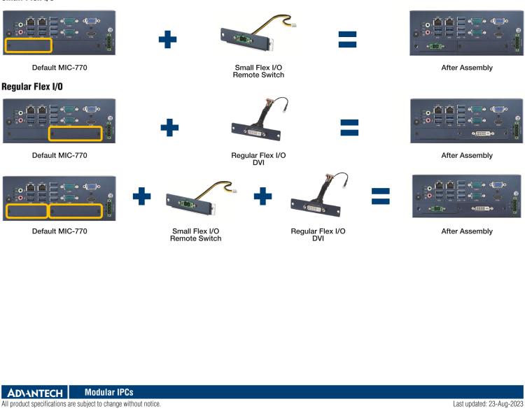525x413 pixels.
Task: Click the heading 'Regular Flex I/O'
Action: (x=32, y=87)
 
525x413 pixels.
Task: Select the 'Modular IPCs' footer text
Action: (x=108, y=392)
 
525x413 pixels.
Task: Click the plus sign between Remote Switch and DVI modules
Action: (x=263, y=196)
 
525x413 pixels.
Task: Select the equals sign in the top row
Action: (x=347, y=41)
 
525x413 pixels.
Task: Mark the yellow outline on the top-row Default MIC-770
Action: (x=28, y=46)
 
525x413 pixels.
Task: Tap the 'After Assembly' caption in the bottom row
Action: (x=466, y=231)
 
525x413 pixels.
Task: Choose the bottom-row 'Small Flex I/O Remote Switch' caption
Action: (x=195, y=235)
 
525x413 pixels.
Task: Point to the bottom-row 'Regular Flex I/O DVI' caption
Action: (x=318, y=235)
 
